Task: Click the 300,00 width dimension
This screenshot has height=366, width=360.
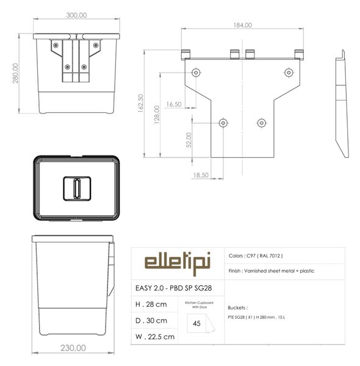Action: tap(76, 15)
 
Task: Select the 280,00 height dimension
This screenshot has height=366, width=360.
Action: tap(15, 73)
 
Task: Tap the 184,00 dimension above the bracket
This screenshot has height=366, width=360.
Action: tap(243, 25)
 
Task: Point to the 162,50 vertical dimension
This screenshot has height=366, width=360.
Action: tap(140, 104)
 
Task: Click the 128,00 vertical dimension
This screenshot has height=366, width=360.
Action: tap(157, 115)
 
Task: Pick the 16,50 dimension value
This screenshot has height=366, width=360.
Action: tap(174, 104)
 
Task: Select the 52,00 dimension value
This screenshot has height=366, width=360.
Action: tap(189, 140)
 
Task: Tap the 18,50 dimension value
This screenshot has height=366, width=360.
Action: tap(201, 175)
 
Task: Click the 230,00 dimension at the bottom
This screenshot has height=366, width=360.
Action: tap(73, 348)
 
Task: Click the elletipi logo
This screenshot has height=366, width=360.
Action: tap(178, 264)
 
